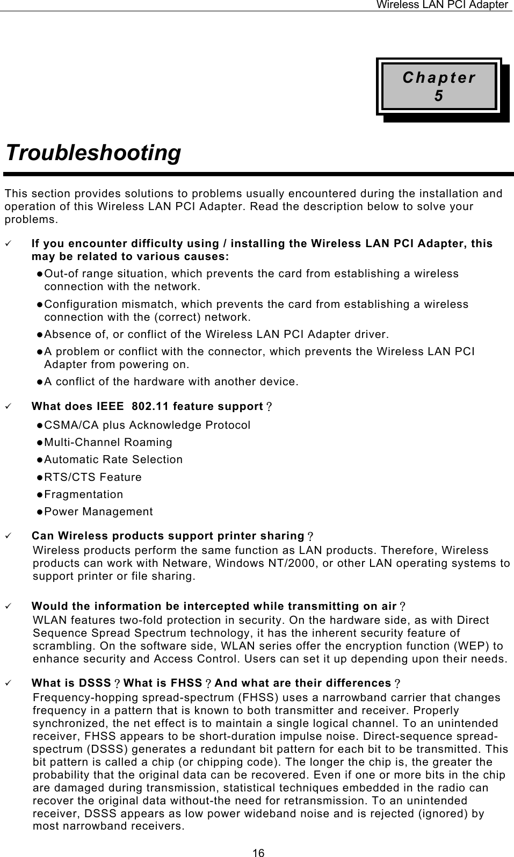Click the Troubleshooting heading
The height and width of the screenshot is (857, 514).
[x=93, y=153]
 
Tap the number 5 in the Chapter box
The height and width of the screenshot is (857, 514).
[x=439, y=96]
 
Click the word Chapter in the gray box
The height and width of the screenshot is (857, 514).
[x=439, y=77]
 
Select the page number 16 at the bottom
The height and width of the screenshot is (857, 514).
[x=259, y=852]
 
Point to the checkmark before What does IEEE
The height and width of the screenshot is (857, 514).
[x=8, y=406]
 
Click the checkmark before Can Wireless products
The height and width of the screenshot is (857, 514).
[x=8, y=536]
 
